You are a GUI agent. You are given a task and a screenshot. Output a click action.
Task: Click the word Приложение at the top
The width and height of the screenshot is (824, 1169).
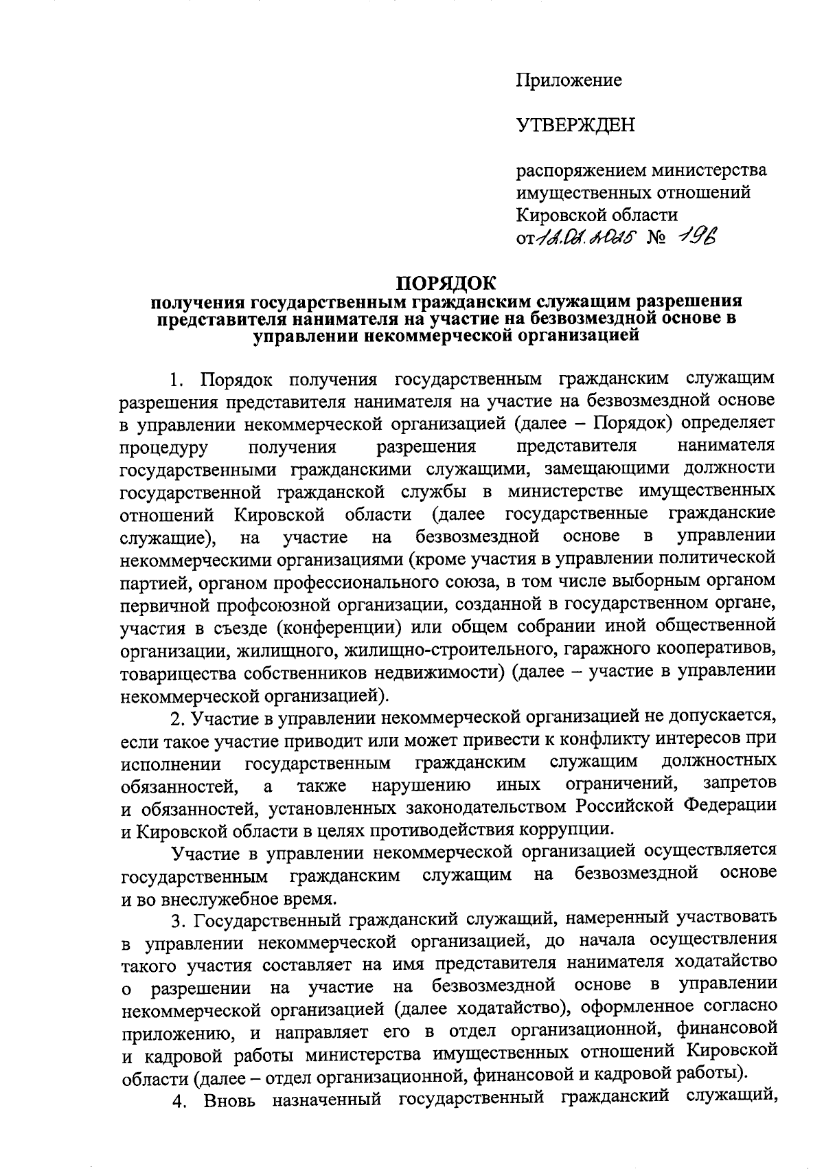569,80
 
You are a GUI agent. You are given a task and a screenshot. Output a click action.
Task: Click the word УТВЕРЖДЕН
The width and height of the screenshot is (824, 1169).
575,125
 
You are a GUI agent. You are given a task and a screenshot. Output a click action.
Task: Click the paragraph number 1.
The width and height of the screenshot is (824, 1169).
177,379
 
